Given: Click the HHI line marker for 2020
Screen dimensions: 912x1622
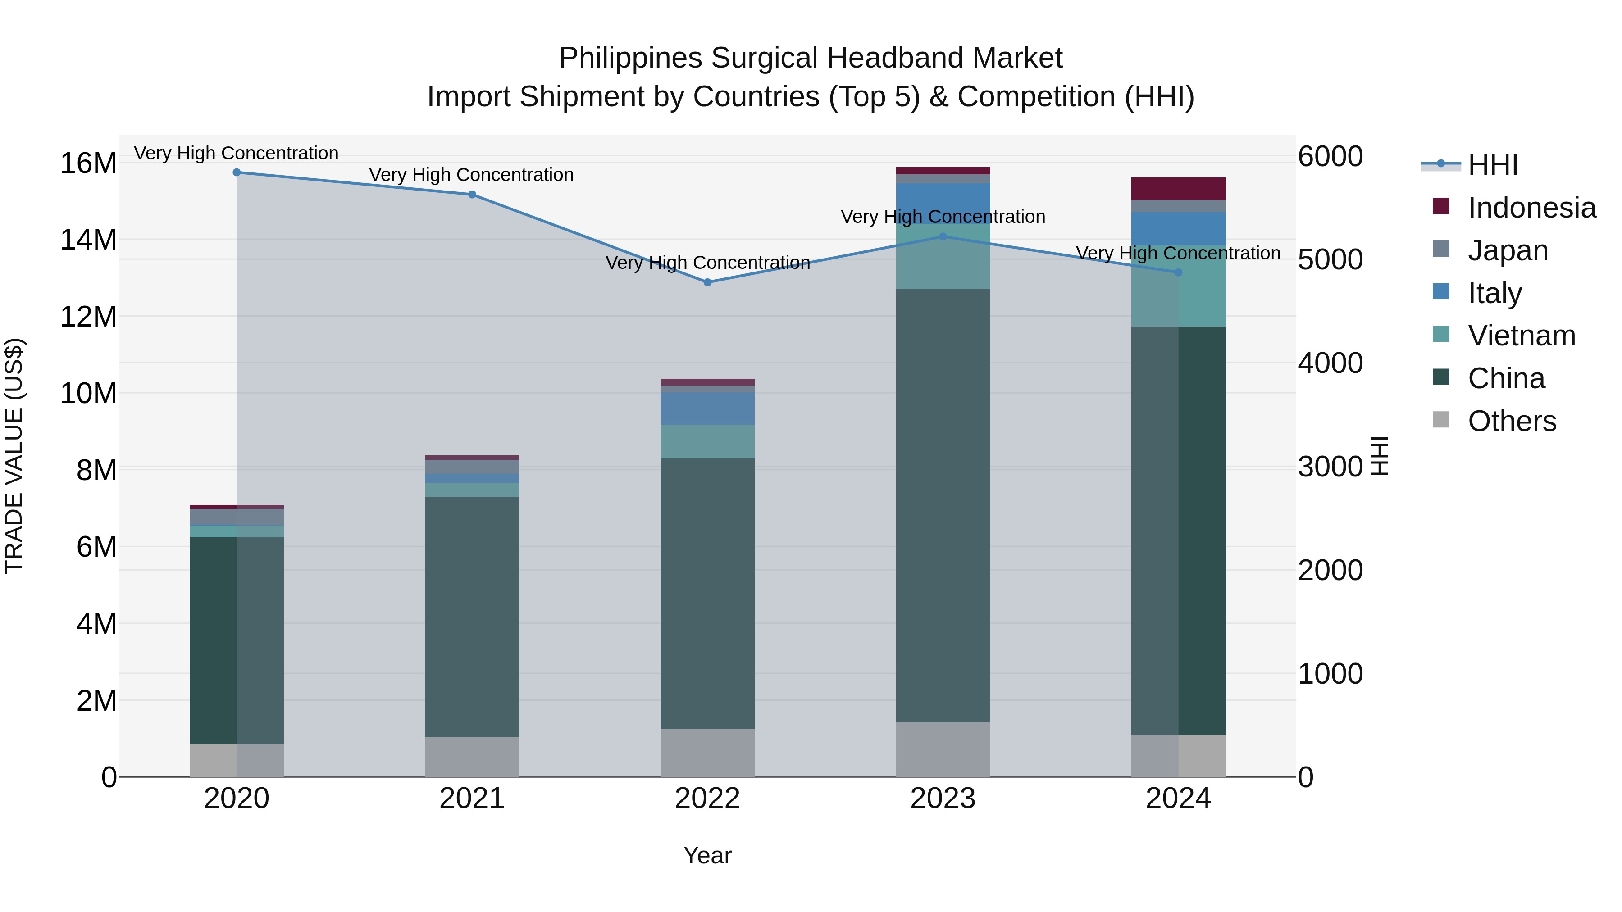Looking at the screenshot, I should click(237, 172).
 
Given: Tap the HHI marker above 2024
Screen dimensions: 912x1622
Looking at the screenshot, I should click(1179, 272).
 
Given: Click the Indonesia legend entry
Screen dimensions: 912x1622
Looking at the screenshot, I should click(1531, 208).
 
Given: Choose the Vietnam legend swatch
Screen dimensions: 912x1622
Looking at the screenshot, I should click(1441, 334).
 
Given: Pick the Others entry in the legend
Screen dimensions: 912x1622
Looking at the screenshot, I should click(1511, 421).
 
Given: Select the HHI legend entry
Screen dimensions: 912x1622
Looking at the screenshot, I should click(1492, 165).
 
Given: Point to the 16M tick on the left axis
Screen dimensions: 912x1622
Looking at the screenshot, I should click(88, 163).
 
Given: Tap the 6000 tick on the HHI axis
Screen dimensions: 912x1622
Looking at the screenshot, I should click(1330, 157).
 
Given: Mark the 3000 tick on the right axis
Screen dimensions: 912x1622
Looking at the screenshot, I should click(1330, 467).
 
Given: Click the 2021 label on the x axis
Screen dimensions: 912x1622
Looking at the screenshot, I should click(472, 799).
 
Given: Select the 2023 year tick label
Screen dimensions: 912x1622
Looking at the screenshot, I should click(943, 799).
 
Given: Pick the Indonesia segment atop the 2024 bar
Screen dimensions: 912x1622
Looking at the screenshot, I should click(1178, 189).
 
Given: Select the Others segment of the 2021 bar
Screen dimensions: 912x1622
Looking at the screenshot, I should click(472, 757).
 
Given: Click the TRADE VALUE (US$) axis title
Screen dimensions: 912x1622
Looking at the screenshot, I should click(14, 456).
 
